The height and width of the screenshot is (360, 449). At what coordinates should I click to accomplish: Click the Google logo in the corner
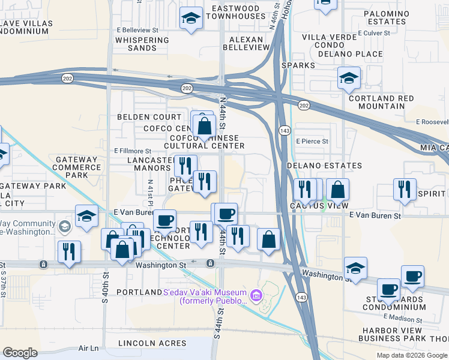point(20,353)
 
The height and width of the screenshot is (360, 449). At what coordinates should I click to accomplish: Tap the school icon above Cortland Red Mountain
point(348,78)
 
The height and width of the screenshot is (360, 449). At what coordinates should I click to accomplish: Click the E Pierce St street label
point(312,141)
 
